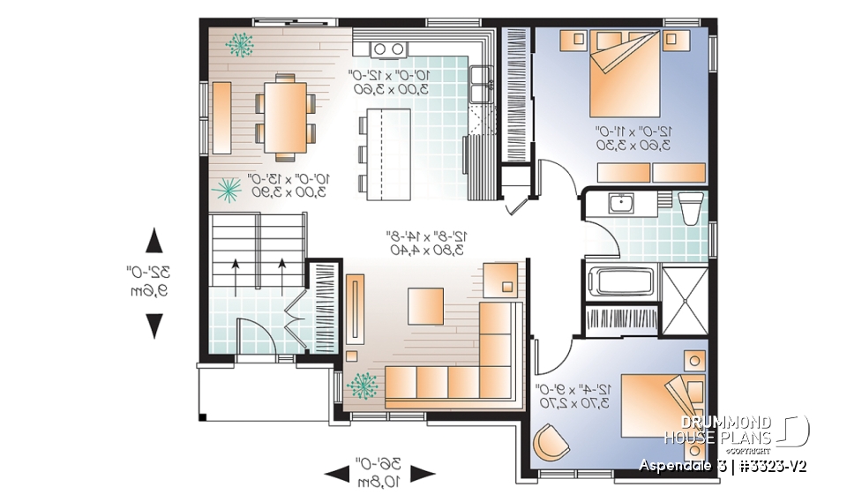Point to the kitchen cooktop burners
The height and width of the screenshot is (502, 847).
[388, 48]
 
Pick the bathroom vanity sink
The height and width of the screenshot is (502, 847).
[623, 204]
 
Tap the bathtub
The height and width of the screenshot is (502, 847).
[622, 283]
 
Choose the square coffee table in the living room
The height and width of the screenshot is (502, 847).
[426, 306]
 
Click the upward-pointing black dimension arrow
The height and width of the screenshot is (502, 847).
[154, 239]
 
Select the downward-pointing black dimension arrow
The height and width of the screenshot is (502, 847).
[154, 326]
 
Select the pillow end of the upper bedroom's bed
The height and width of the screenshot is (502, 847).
[627, 41]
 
